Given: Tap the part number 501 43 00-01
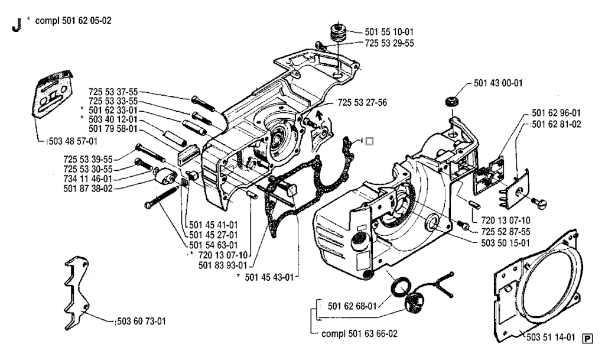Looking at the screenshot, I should coord(499,84).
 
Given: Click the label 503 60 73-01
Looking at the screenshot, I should coord(140,322).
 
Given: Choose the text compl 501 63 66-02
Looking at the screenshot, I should coord(359,333).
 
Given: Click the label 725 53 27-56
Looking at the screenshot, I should coord(362,102).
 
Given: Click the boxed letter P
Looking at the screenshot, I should coord(587,338).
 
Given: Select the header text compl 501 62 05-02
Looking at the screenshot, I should coord(73,21).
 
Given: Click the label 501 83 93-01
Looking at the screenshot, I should coord(224,264).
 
